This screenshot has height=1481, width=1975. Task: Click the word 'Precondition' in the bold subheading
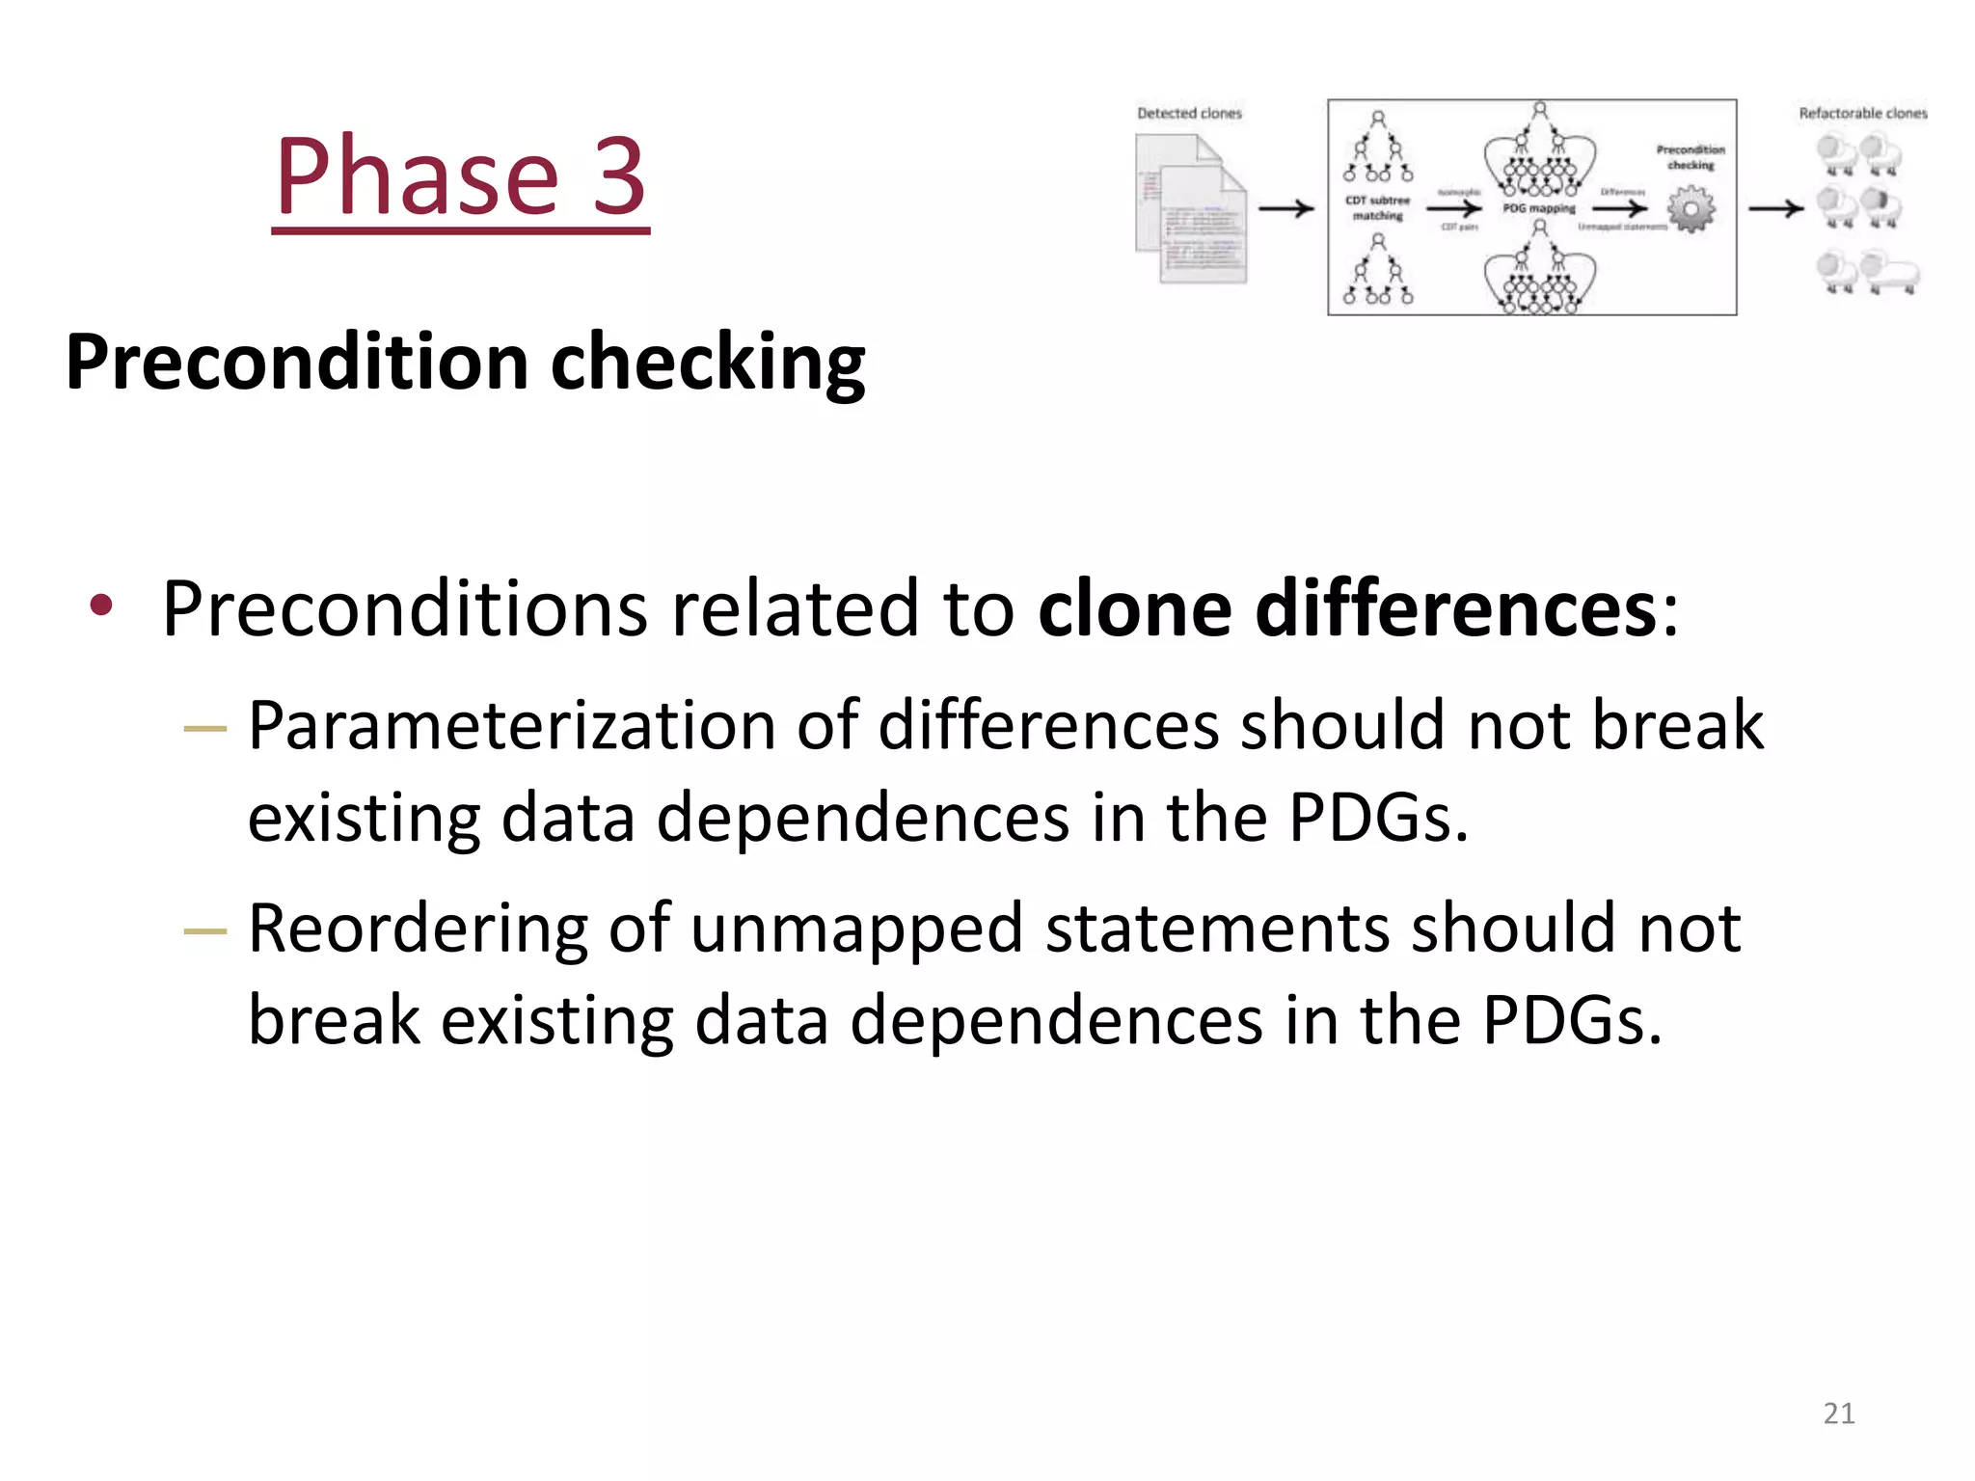tap(296, 363)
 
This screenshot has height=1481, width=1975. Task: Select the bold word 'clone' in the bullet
tap(1134, 609)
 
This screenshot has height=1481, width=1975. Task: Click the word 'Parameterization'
tap(511, 726)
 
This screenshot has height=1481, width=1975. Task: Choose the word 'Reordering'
tap(418, 929)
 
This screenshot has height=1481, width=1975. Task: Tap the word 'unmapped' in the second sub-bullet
tap(856, 929)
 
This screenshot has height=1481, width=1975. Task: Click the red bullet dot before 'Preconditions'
tap(101, 606)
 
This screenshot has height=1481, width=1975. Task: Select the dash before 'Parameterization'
tap(204, 729)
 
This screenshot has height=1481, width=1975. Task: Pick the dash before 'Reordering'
tap(204, 931)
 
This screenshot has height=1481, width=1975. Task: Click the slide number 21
tap(1839, 1414)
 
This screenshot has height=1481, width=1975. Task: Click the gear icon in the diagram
tap(1691, 209)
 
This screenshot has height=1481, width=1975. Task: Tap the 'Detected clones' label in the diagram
tap(1189, 114)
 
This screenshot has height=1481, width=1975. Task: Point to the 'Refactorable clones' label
tap(1862, 114)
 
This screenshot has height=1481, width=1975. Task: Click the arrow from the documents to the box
tap(1286, 208)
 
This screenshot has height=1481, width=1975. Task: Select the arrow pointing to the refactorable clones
tap(1775, 208)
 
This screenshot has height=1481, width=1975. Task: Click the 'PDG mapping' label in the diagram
tap(1539, 208)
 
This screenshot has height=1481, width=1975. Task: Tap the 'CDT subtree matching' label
tap(1377, 208)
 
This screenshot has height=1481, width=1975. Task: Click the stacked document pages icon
tap(1192, 209)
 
